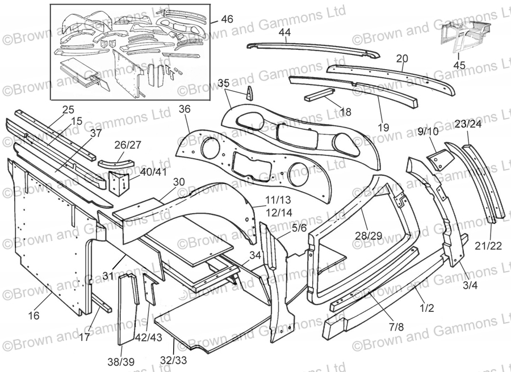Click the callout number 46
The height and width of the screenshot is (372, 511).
[227, 19]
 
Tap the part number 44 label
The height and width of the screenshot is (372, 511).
[284, 32]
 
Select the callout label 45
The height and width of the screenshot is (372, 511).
[459, 65]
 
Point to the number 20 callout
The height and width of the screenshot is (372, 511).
[402, 58]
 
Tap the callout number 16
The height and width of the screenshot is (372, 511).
[33, 315]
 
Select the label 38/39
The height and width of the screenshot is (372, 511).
[120, 362]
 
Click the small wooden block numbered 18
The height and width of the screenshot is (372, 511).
[321, 96]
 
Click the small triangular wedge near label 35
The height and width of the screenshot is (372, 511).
[249, 94]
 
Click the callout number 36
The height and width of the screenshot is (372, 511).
[185, 109]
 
